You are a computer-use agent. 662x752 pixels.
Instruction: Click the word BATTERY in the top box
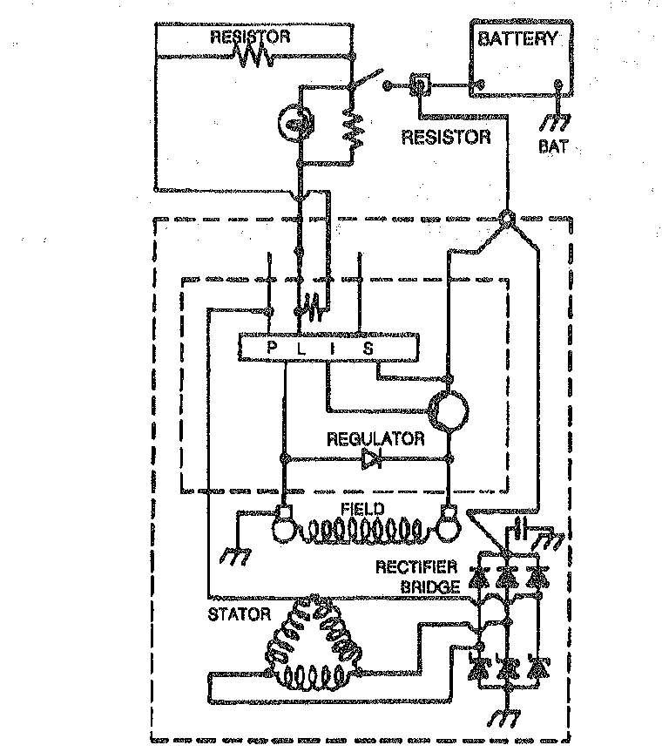[x=518, y=38]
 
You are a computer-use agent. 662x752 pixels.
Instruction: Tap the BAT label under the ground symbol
[x=553, y=146]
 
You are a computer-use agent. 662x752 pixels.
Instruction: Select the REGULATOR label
[x=375, y=439]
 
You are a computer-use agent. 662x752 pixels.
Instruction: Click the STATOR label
[x=240, y=614]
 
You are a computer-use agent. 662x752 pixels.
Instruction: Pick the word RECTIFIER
[x=416, y=567]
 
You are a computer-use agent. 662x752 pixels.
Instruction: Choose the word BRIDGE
[x=429, y=586]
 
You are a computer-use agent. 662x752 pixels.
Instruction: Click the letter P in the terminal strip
[x=272, y=348]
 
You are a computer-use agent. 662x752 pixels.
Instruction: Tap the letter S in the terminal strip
[x=368, y=349]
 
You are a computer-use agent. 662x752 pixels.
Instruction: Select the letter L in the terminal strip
[x=301, y=349]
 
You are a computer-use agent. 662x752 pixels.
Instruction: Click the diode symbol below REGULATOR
[x=372, y=459]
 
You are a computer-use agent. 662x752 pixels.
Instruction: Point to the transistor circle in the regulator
[x=449, y=410]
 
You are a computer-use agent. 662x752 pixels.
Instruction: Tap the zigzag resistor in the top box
[x=255, y=57]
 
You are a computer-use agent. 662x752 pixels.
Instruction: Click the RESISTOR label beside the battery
[x=446, y=137]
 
